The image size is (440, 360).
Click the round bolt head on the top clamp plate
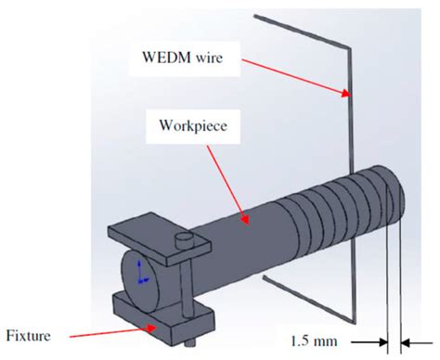click(x=182, y=240)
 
